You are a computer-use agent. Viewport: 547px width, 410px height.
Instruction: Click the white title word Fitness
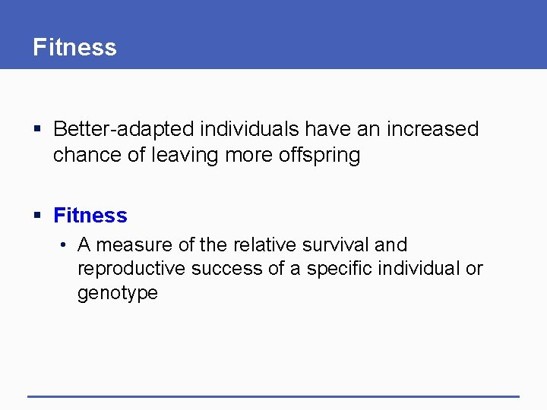tap(74, 47)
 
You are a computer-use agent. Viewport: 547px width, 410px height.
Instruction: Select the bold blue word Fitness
tap(90, 216)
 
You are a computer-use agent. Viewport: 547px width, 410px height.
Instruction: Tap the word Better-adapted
tap(124, 129)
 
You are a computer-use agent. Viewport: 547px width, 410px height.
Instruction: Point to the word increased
tap(433, 129)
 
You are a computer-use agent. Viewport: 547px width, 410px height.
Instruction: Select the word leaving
tap(184, 155)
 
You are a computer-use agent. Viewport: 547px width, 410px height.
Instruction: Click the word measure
tap(134, 245)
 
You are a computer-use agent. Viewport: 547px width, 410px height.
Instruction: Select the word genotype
tap(118, 293)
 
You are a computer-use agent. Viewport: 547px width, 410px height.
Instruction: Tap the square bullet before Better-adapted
tap(38, 130)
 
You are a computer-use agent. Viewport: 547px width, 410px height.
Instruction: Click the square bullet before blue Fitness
tap(38, 216)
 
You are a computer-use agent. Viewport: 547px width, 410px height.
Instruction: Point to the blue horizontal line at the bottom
tap(273, 396)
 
